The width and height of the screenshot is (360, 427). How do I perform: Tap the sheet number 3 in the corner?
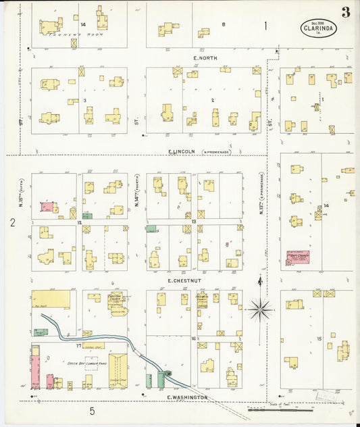[x=345, y=12]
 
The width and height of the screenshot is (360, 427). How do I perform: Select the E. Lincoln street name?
[x=182, y=151]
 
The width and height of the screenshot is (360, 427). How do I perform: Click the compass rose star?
[x=259, y=309]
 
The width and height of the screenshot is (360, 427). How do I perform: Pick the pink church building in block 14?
[x=297, y=257]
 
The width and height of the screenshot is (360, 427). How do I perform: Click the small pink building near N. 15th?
[x=47, y=207]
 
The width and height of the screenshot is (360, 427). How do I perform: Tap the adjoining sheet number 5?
[x=92, y=410]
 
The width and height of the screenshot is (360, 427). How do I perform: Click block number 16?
[x=193, y=338]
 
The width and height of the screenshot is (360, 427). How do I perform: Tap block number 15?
[x=329, y=346]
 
